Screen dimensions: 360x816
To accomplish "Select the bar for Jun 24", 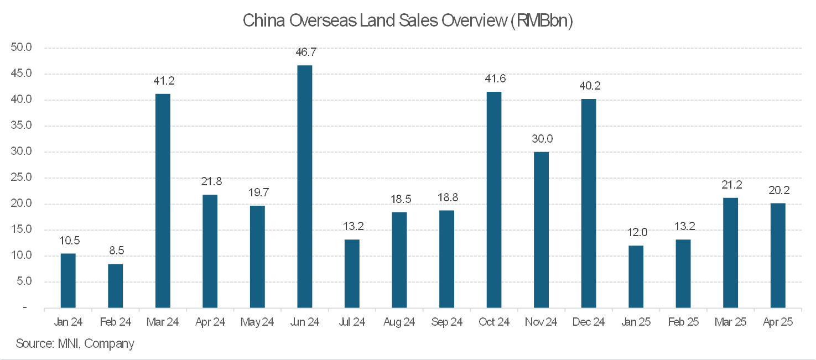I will point(304,186).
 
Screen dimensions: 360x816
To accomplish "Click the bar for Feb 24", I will point(115,285).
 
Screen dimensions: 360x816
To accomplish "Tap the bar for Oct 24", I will point(493,200).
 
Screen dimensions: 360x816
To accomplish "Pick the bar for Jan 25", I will point(636,276).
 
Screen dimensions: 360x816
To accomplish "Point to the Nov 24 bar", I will point(541,229).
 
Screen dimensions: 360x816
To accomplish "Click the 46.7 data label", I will point(304,53).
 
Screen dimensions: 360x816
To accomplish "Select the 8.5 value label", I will point(115,251).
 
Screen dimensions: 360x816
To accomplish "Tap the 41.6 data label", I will point(493,79).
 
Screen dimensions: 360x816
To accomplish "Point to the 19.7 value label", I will point(257,192).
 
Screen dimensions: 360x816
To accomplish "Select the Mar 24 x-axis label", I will point(163,322).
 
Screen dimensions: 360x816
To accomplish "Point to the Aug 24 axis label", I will point(399,322).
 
